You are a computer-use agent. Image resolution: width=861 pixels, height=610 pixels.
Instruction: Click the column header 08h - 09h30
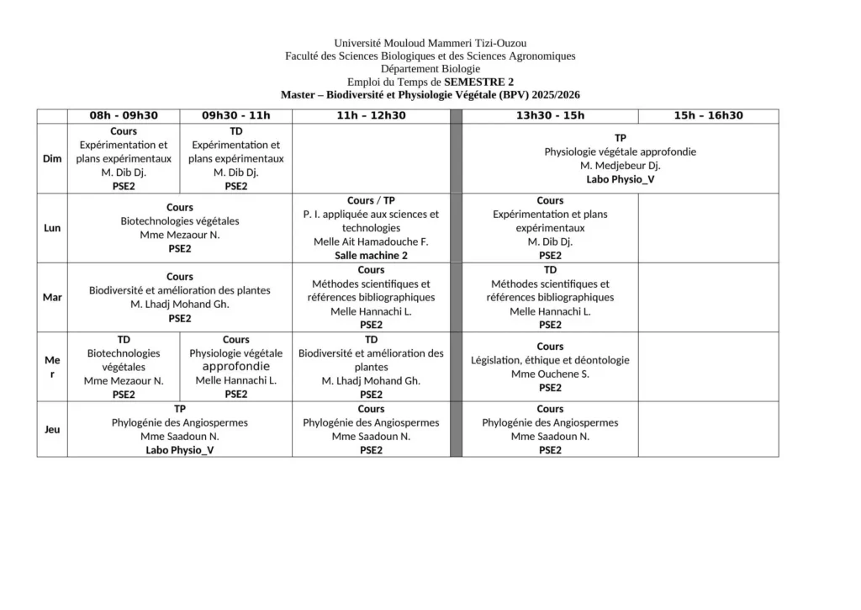click(x=124, y=116)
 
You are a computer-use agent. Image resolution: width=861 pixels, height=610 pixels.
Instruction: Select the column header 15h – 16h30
click(x=708, y=116)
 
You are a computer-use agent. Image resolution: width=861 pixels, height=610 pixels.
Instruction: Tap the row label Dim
click(x=52, y=159)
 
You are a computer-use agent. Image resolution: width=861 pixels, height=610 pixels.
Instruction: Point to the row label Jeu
click(x=52, y=429)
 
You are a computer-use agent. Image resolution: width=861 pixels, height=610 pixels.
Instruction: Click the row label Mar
click(x=52, y=297)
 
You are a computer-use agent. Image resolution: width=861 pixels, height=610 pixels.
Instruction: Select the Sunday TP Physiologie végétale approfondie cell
click(x=620, y=159)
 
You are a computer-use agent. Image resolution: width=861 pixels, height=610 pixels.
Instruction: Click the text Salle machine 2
click(x=371, y=255)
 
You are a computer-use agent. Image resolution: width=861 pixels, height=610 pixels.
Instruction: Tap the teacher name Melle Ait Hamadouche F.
click(x=371, y=241)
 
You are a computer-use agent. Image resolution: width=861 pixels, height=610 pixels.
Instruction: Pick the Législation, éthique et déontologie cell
click(x=550, y=366)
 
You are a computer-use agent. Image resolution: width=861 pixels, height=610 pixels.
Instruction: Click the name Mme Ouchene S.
click(x=550, y=374)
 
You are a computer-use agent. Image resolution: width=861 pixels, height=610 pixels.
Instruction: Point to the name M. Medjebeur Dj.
click(x=620, y=166)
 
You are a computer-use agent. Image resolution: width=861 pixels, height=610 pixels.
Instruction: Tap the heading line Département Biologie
click(x=430, y=69)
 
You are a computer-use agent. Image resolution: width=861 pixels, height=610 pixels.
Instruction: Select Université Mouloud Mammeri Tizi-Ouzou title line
click(x=430, y=43)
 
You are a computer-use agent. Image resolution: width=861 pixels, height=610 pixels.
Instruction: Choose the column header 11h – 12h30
click(x=371, y=116)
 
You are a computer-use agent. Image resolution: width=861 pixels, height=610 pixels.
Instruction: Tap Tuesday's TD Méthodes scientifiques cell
click(x=550, y=297)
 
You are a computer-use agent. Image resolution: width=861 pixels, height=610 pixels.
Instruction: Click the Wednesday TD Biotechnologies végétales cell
click(x=124, y=366)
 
